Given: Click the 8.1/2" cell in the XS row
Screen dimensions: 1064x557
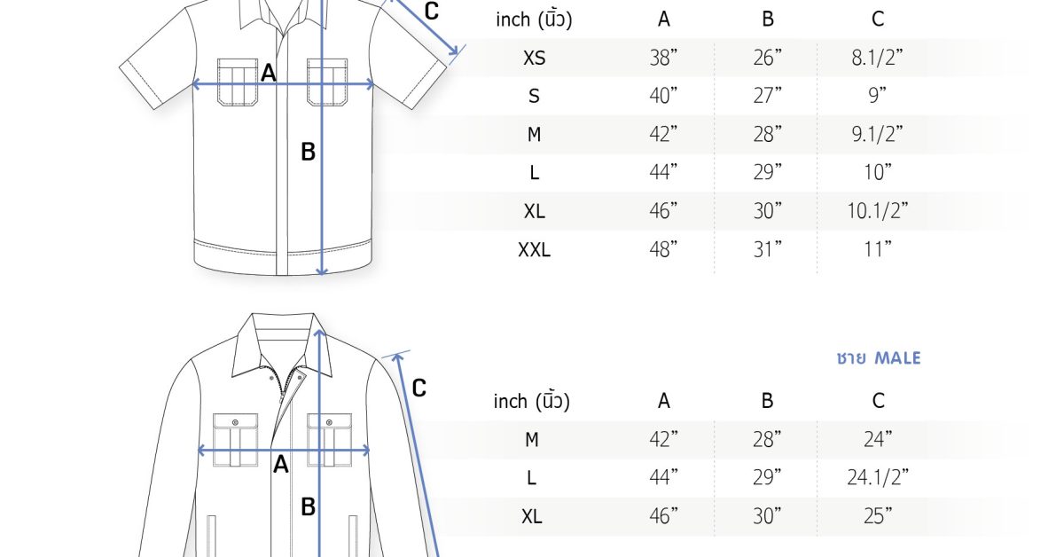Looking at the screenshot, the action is [877, 58].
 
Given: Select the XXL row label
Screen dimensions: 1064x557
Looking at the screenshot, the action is [534, 249].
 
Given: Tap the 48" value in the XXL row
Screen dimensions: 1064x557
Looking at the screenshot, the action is [663, 249].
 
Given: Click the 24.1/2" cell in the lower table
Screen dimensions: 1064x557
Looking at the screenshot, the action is [877, 477].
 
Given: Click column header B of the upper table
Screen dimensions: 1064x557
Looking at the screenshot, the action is [768, 19].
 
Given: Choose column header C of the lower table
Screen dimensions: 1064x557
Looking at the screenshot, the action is [878, 401].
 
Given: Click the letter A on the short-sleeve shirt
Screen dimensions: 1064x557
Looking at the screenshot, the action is [269, 73].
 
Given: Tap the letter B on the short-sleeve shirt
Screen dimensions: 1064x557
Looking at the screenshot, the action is [308, 152].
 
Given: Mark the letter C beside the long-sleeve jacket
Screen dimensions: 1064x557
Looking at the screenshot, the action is [419, 388].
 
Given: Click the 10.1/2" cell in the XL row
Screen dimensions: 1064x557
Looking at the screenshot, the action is [877, 210].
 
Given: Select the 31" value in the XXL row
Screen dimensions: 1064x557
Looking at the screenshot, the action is [768, 249].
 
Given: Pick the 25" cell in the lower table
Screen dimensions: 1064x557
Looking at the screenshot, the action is [878, 516].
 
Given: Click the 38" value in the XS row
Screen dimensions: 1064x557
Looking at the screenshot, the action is [663, 58].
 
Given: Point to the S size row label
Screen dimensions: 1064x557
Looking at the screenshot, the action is [534, 96].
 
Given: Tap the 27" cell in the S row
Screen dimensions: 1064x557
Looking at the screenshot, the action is [768, 96].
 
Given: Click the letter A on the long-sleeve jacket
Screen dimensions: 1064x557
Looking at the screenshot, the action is [281, 465].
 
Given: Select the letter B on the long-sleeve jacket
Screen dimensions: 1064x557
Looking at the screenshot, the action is [308, 507].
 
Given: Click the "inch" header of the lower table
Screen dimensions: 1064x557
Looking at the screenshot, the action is [510, 402].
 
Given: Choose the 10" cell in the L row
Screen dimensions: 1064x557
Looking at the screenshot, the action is [877, 172].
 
